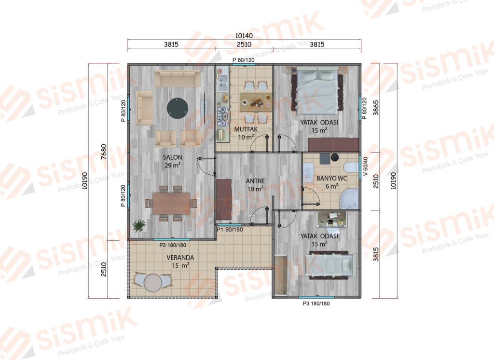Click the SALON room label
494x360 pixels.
pyautogui.click(x=172, y=157)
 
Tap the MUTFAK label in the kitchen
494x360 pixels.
pyautogui.click(x=246, y=129)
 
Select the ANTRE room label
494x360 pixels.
pyautogui.click(x=255, y=181)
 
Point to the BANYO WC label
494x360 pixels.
pyautogui.click(x=332, y=179)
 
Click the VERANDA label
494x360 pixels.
pyautogui.click(x=180, y=258)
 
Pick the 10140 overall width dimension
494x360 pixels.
pyautogui.click(x=244, y=36)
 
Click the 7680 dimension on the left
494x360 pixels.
pyautogui.click(x=104, y=152)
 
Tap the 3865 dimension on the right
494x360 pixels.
pyautogui.click(x=376, y=108)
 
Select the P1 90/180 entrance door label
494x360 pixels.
pyautogui.click(x=230, y=230)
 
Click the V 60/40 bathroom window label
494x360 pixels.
pyautogui.click(x=366, y=166)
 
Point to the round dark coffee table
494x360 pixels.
pyautogui.click(x=178, y=108)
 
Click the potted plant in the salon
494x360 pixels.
pyautogui.click(x=139, y=225)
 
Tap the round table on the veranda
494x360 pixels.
pyautogui.click(x=153, y=282)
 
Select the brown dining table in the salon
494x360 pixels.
pyautogui.click(x=171, y=203)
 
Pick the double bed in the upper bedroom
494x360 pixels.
pyautogui.click(x=316, y=91)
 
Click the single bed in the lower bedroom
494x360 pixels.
pyautogui.click(x=329, y=264)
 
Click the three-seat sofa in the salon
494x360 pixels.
pyautogui.click(x=178, y=79)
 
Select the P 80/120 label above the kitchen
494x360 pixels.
pyautogui.click(x=244, y=60)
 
